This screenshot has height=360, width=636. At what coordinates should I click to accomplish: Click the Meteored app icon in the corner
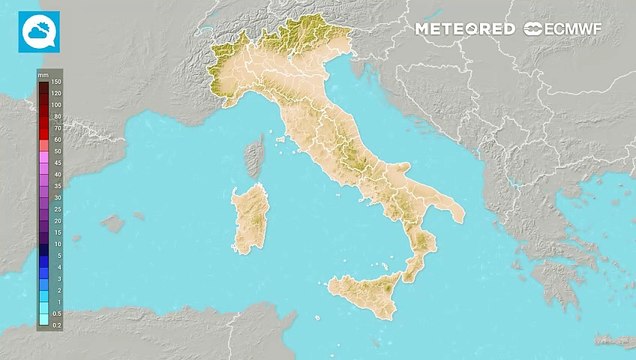39,31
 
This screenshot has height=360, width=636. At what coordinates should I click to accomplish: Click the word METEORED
465,30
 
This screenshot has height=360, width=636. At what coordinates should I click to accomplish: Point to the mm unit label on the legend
44,74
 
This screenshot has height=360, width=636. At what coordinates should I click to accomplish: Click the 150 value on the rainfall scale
56,82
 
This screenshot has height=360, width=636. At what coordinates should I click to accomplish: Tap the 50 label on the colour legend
57,151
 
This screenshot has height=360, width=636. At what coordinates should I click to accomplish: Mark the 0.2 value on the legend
57,324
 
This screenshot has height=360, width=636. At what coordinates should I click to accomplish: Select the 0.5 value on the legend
57,313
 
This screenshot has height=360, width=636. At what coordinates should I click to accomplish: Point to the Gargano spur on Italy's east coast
399,165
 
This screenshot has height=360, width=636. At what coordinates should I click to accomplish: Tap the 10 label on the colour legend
57,244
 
